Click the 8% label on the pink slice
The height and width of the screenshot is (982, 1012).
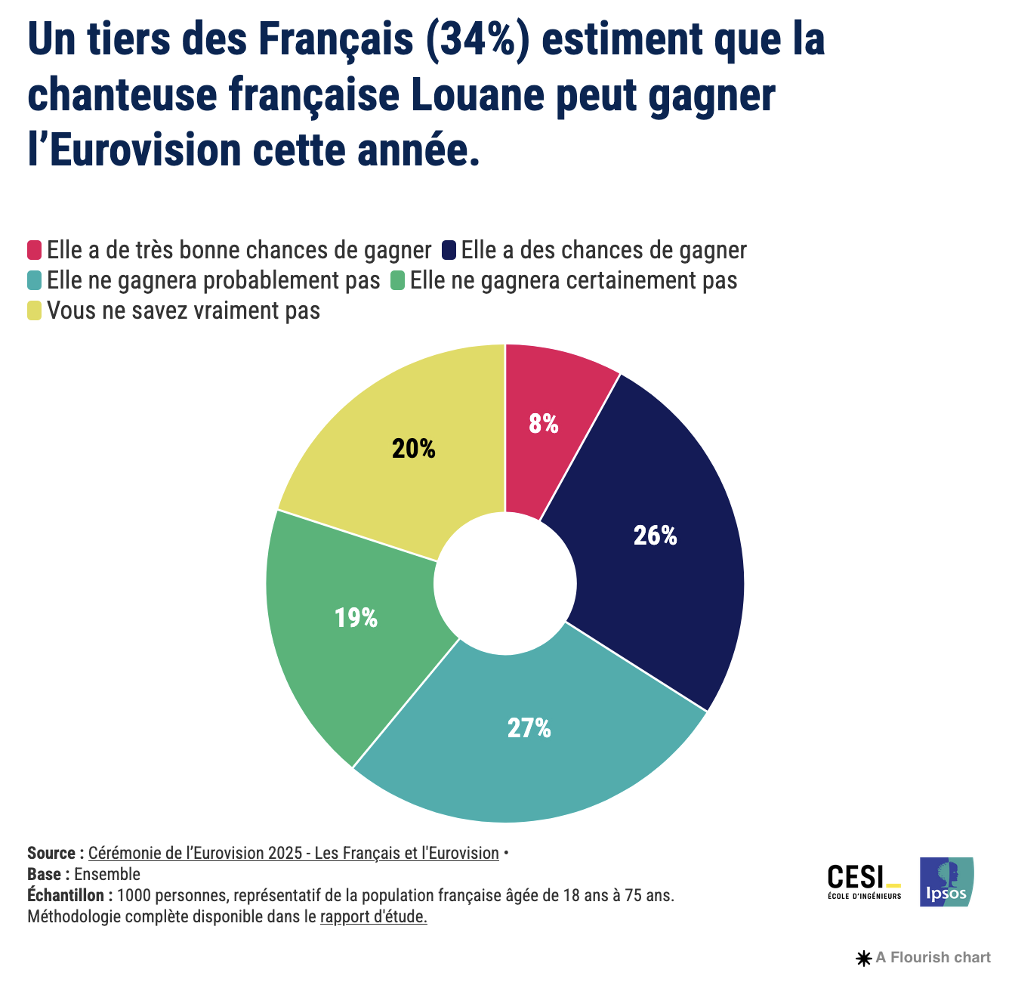pyautogui.click(x=544, y=424)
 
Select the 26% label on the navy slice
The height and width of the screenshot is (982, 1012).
pyautogui.click(x=655, y=536)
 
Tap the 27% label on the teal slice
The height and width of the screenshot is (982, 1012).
pyautogui.click(x=529, y=728)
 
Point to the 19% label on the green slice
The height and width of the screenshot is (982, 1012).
pyautogui.click(x=356, y=618)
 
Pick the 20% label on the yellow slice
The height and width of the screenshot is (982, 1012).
pyautogui.click(x=414, y=449)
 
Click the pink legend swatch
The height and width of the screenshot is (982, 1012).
pyautogui.click(x=35, y=250)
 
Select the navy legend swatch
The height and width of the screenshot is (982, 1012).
pyautogui.click(x=449, y=250)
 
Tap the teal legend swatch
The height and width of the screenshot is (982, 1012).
pyautogui.click(x=35, y=280)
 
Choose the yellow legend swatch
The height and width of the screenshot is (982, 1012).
pyautogui.click(x=35, y=310)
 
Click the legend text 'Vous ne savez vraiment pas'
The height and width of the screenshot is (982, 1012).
pyautogui.click(x=184, y=310)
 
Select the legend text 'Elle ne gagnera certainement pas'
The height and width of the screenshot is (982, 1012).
pyautogui.click(x=573, y=280)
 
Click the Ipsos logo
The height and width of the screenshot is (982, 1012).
pyautogui.click(x=946, y=882)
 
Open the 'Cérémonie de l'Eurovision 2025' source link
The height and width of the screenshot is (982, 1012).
pyautogui.click(x=293, y=853)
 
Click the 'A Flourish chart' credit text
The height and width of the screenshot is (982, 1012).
pyautogui.click(x=932, y=958)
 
